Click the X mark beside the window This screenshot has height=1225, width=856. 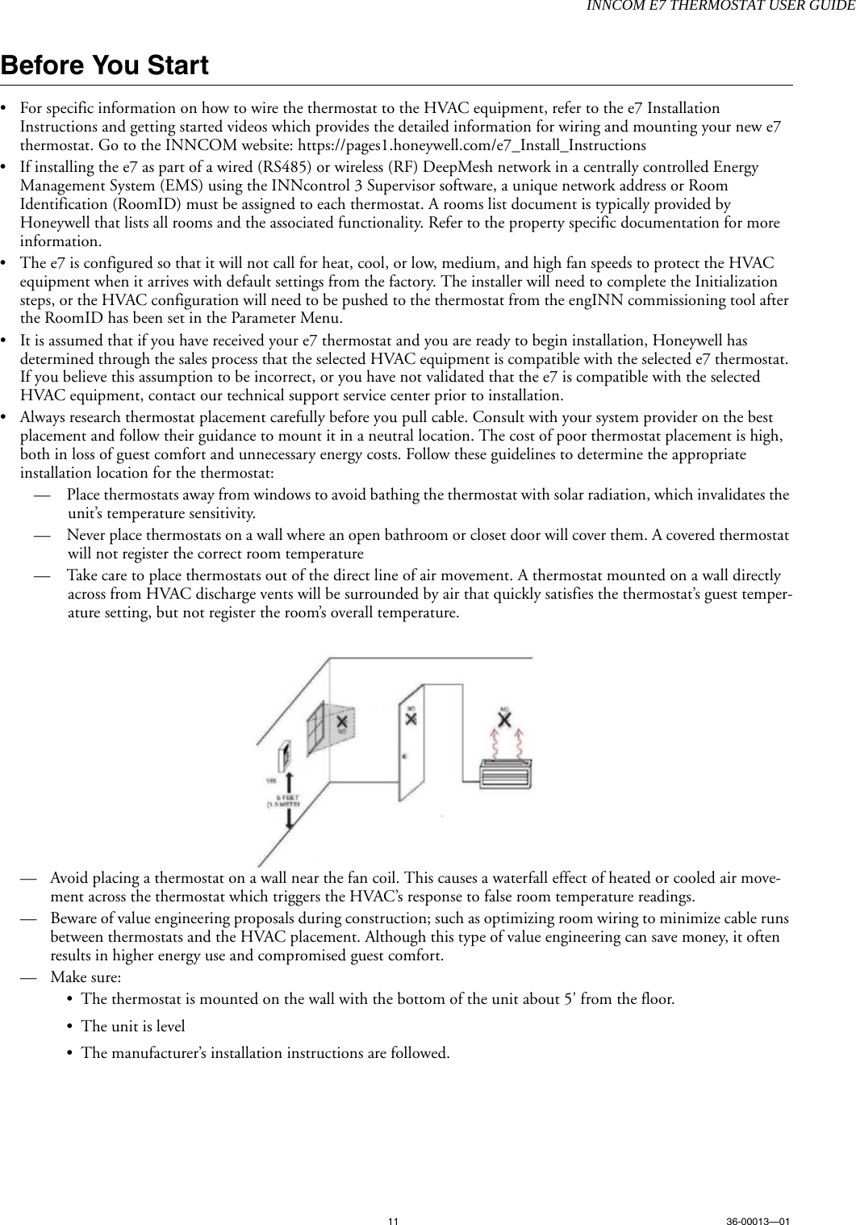pos(344,721)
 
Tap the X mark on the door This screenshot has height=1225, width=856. pos(411,717)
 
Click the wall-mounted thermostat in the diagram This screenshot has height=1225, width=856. pos(283,757)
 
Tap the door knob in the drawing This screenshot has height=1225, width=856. pos(404,758)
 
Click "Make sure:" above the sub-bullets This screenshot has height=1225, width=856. pos(86,976)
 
